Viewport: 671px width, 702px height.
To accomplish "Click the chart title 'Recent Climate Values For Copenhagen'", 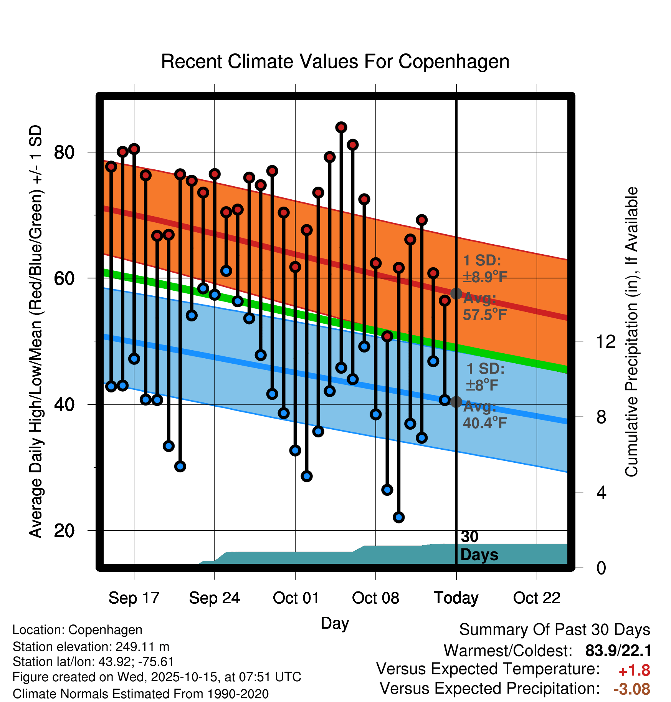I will click(x=335, y=61).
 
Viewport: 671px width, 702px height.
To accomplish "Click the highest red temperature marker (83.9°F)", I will click(x=341, y=127).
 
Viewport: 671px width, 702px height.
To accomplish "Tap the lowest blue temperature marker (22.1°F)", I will click(x=399, y=517).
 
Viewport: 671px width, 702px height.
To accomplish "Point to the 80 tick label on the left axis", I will click(x=64, y=152).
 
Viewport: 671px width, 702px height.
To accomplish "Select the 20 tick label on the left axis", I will click(x=64, y=531).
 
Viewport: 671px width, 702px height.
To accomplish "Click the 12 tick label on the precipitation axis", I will click(x=605, y=341).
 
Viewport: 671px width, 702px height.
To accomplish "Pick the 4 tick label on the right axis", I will click(x=601, y=492).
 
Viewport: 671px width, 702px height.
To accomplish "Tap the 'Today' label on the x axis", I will click(x=456, y=598).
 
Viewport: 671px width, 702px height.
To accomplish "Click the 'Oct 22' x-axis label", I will click(x=537, y=598).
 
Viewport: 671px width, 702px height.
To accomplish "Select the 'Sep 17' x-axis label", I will click(x=134, y=598).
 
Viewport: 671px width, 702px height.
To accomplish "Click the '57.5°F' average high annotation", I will click(x=485, y=315).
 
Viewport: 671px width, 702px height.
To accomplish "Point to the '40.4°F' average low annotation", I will click(x=485, y=423).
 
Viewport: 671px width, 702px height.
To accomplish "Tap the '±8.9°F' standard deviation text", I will click(x=485, y=276).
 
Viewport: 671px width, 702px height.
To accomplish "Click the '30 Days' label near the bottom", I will click(x=479, y=546).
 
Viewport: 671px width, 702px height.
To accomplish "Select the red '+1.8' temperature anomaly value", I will click(x=634, y=671).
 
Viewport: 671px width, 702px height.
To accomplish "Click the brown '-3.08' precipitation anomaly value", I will click(x=632, y=689).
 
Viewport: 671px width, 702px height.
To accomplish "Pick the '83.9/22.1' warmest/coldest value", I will click(x=618, y=651).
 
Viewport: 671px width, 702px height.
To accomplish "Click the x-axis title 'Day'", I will click(x=335, y=623).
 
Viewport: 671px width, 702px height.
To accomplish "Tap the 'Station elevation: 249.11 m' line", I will click(x=91, y=647).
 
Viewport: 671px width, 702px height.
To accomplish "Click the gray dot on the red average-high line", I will click(x=456, y=294).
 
